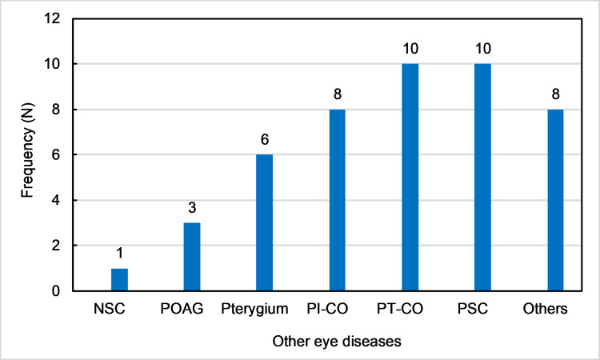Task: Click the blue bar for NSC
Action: [x=119, y=280]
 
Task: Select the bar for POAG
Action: [x=192, y=257]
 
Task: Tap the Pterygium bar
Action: [x=265, y=222]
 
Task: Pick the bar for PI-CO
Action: [x=337, y=200]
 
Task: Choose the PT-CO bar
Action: [x=410, y=177]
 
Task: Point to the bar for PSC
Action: [x=483, y=177]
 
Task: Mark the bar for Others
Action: [x=556, y=200]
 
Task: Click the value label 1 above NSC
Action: [x=120, y=253]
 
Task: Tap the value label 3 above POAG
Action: [x=192, y=207]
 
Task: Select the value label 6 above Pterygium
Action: [x=265, y=139]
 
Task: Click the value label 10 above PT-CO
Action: [x=410, y=49]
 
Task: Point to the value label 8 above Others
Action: [x=556, y=94]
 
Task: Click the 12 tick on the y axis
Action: [x=53, y=18]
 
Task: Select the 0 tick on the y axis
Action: [x=56, y=291]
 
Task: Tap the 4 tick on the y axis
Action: [x=56, y=200]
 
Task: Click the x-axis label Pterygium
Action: [x=254, y=309]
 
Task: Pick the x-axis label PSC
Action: [x=473, y=308]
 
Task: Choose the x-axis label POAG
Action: [x=182, y=308]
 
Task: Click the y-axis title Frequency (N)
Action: [x=27, y=150]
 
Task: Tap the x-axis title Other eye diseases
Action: [x=337, y=341]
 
